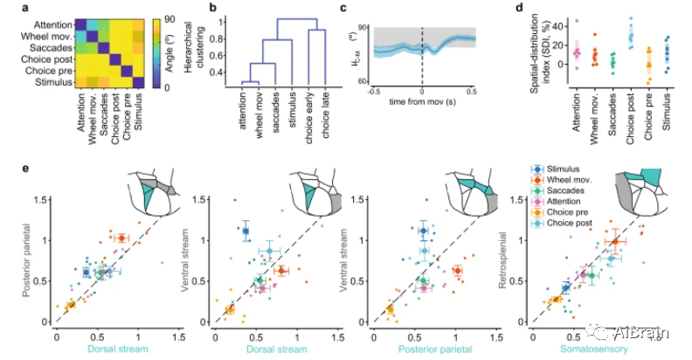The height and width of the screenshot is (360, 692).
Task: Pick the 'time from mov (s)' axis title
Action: [423, 103]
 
